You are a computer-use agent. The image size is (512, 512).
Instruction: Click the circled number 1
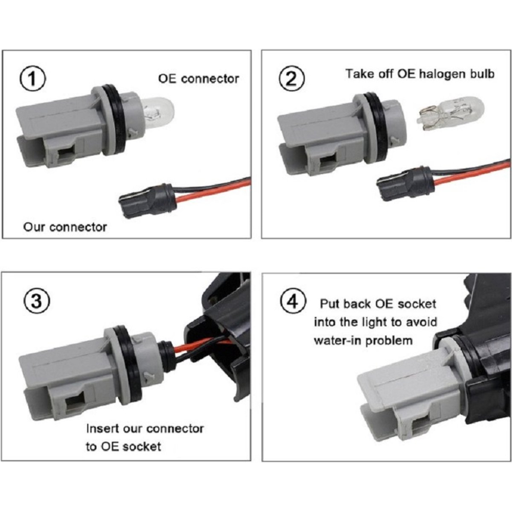[33, 79]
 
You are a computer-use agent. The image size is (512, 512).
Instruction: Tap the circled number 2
[292, 78]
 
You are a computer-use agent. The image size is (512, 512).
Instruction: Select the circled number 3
[37, 301]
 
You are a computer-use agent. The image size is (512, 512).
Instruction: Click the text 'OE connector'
[199, 79]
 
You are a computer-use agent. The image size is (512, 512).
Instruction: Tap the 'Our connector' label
[65, 227]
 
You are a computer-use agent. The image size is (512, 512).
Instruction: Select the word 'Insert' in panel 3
[102, 429]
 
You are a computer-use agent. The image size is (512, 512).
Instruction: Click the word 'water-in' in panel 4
[337, 340]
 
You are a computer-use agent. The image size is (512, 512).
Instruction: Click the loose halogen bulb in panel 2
[450, 113]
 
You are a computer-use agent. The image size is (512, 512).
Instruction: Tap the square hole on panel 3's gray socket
[75, 402]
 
